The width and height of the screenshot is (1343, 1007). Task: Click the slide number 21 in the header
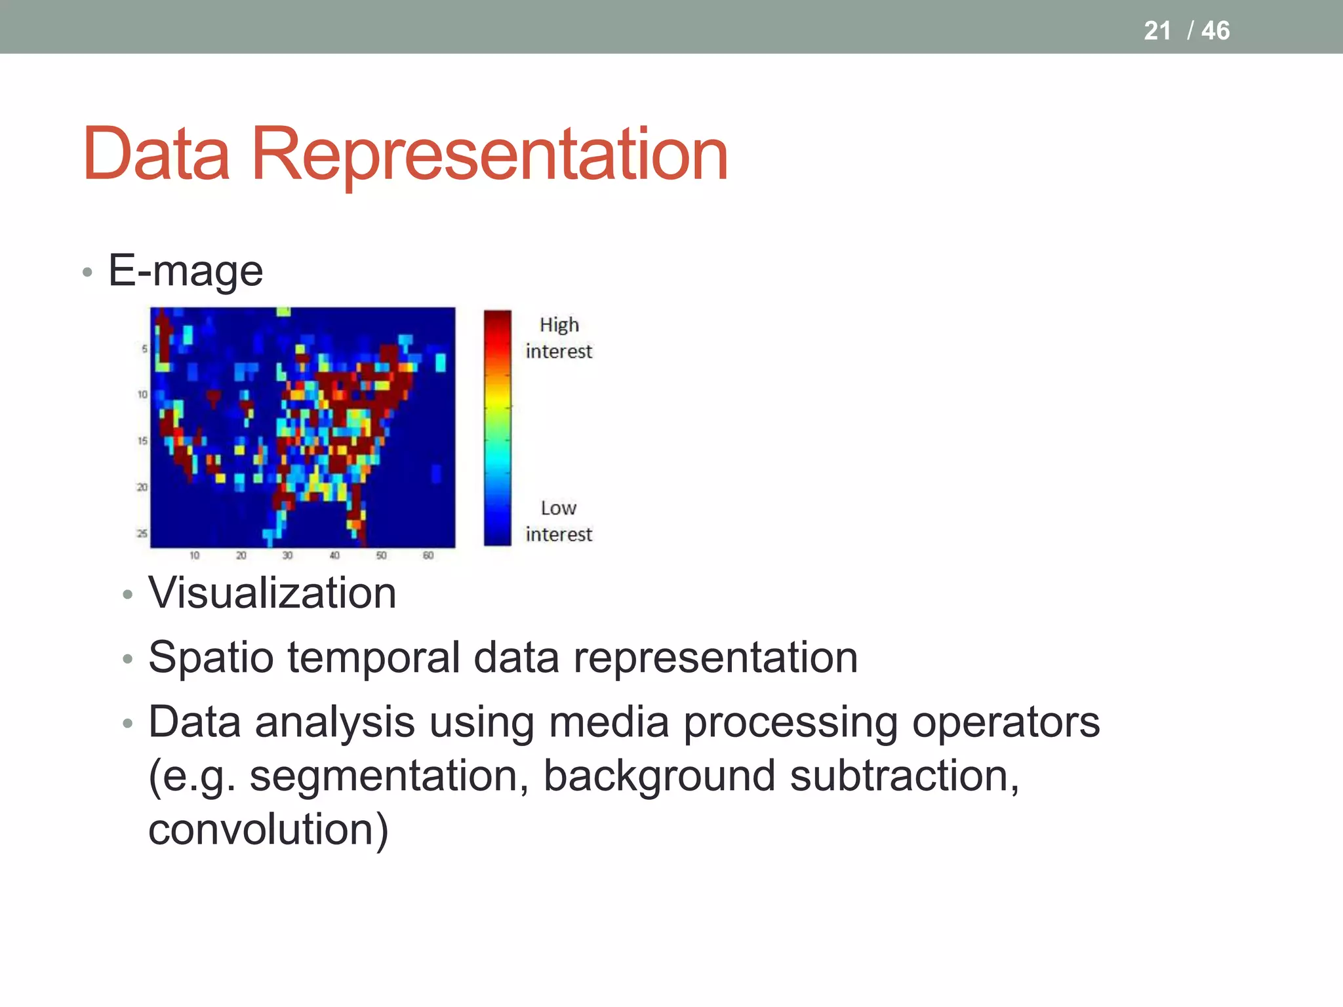(1157, 31)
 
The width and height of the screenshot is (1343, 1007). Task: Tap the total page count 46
(1215, 31)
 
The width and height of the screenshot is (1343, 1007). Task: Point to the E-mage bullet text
(186, 270)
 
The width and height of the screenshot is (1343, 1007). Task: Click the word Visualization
(272, 593)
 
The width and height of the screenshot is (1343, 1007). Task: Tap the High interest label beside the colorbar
(559, 338)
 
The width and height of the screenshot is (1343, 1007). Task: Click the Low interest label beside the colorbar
(559, 521)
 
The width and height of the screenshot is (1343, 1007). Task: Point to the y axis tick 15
(142, 441)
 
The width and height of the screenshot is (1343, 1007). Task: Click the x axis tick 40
(334, 556)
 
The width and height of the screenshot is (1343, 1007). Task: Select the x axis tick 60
(428, 556)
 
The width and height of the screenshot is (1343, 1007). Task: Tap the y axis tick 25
(142, 534)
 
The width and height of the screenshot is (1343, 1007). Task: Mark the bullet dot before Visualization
(128, 595)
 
